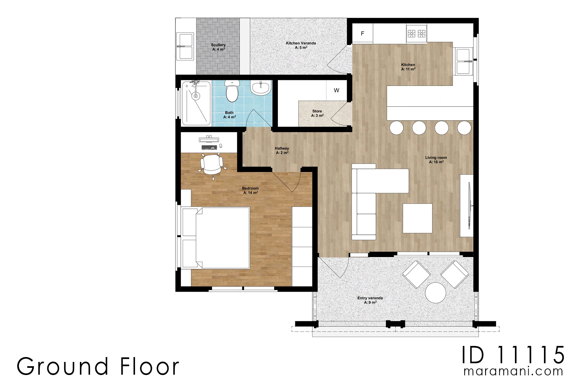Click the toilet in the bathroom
pyautogui.click(x=232, y=90)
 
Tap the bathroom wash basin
pyautogui.click(x=261, y=88)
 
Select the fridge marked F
pyautogui.click(x=362, y=33)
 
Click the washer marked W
pyautogui.click(x=336, y=90)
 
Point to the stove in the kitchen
pyautogui.click(x=416, y=33)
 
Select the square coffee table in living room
pyautogui.click(x=417, y=218)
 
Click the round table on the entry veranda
pyautogui.click(x=435, y=293)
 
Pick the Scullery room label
pyautogui.click(x=218, y=47)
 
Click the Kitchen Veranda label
pyautogui.click(x=301, y=45)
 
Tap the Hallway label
pyautogui.click(x=282, y=150)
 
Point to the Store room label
pyautogui.click(x=317, y=113)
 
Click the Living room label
pyautogui.click(x=436, y=160)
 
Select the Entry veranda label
pyautogui.click(x=370, y=300)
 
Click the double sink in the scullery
pyautogui.click(x=185, y=46)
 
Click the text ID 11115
pyautogui.click(x=513, y=355)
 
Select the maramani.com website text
pyautogui.click(x=513, y=371)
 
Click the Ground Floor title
pyautogui.click(x=98, y=366)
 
